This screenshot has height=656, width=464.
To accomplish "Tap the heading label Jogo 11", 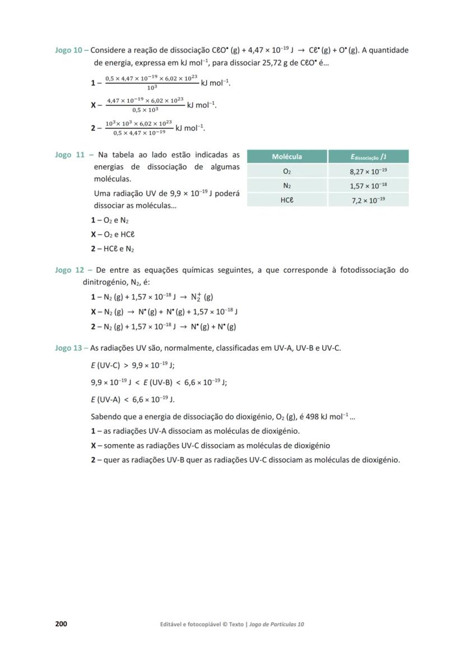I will [x=70, y=155].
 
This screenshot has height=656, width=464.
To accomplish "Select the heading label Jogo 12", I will [x=70, y=270].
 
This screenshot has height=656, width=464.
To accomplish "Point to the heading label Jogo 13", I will [x=68, y=348].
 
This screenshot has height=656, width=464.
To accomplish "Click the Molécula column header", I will [x=287, y=157].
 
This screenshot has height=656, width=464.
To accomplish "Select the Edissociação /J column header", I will [x=368, y=157].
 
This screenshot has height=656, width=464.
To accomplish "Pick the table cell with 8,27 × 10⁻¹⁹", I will [x=368, y=171].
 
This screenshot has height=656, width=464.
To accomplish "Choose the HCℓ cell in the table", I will [x=287, y=200].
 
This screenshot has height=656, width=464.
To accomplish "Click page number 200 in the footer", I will [x=61, y=624].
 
